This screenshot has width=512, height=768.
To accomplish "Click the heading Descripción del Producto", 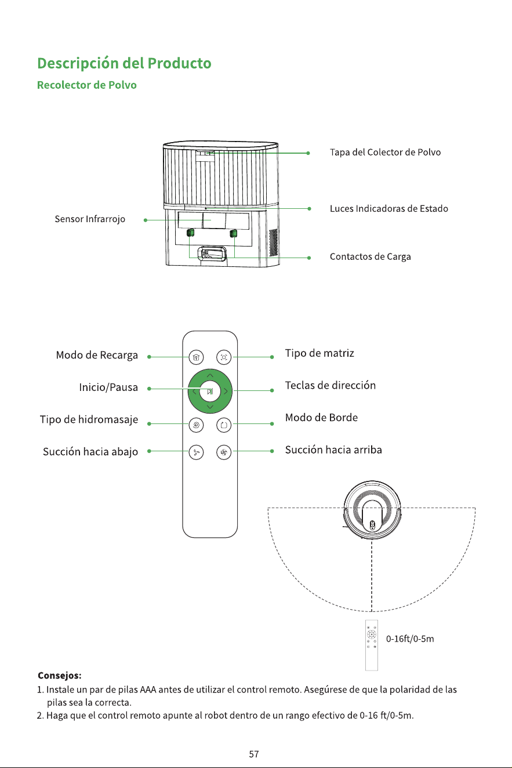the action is click(x=124, y=63).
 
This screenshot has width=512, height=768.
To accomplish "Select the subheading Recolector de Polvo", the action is click(x=87, y=85).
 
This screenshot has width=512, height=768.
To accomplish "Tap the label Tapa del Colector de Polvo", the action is click(x=385, y=152).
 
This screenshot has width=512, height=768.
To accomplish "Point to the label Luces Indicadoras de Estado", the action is click(x=389, y=208).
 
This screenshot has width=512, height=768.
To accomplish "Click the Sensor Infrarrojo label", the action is click(x=90, y=219).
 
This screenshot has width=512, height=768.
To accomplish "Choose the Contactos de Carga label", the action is click(x=370, y=256).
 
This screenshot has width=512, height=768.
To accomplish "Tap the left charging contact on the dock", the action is click(x=191, y=233).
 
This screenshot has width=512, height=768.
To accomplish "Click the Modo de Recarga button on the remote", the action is click(x=196, y=357).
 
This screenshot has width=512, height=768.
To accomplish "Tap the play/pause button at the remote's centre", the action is click(x=210, y=391).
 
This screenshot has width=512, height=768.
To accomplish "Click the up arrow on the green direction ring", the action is click(x=210, y=375).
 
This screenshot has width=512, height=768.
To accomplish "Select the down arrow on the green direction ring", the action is click(x=210, y=407).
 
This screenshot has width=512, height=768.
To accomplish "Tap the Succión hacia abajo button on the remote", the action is click(x=196, y=452).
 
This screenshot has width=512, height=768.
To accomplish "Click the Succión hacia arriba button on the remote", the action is click(x=224, y=452).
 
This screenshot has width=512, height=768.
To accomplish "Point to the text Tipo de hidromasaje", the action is click(x=89, y=419).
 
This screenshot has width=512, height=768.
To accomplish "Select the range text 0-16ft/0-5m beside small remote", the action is click(x=410, y=639).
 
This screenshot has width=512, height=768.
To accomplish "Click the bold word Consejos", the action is click(x=60, y=675).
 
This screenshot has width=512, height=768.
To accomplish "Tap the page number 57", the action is click(x=254, y=754).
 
